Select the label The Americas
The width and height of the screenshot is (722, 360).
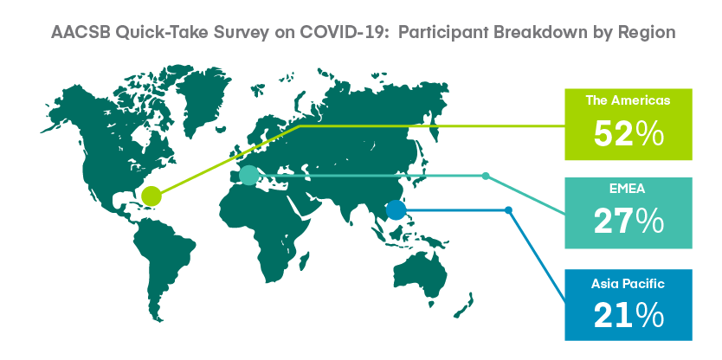628,100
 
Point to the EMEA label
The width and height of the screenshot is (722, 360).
628,190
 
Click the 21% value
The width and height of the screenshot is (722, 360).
628,313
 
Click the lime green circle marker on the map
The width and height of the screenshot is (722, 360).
151,196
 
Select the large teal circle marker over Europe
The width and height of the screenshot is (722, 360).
248,176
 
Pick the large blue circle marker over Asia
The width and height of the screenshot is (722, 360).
396,209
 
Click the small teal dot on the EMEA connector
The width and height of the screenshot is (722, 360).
486,177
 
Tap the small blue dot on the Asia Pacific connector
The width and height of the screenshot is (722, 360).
508,209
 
